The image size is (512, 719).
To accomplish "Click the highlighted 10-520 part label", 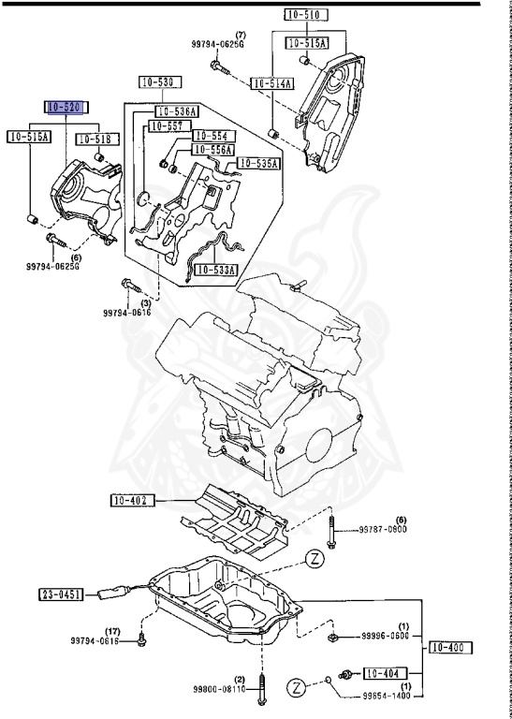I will click(66, 109).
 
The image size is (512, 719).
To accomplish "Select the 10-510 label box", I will click(305, 15).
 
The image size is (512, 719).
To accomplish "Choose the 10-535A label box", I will click(258, 163).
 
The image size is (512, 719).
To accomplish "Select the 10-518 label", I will click(95, 139).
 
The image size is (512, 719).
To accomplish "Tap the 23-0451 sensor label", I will click(62, 594).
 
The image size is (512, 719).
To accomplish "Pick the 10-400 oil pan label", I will click(452, 647).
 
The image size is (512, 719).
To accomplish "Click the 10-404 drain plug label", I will click(384, 672).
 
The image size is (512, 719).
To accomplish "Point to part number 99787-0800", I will click(384, 530).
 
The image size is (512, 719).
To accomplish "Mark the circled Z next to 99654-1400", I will click(297, 689).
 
